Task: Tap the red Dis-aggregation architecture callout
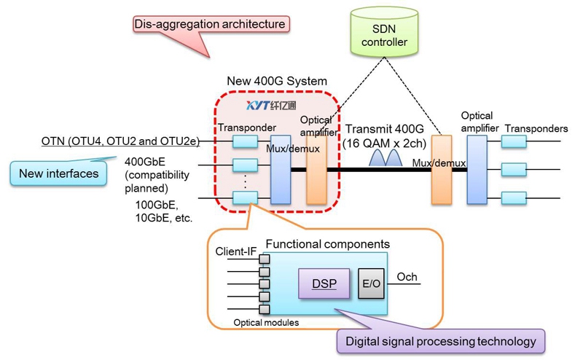tap(209, 24)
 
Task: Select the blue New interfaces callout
tap(54, 173)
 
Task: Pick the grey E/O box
tap(370, 283)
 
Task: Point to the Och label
tap(406, 277)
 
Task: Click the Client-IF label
tap(236, 252)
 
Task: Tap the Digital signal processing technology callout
tap(441, 340)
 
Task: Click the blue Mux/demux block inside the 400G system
tap(281, 169)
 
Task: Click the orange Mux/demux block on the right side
tap(442, 169)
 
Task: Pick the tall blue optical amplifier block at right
tap(477, 169)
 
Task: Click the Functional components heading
tap(327, 243)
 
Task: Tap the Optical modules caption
tap(265, 322)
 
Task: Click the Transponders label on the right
tap(536, 129)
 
